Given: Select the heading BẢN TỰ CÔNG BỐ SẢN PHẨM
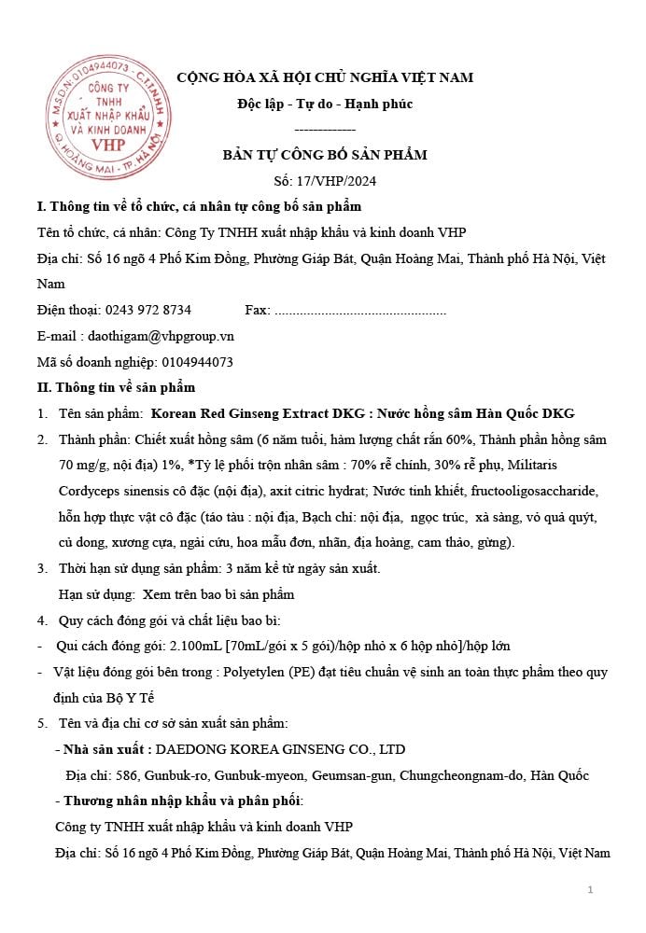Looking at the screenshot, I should click(x=324, y=155).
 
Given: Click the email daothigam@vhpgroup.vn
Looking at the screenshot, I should click(x=161, y=336).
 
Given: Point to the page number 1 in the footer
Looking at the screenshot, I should click(x=590, y=890).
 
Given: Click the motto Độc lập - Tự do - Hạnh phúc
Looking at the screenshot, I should click(x=324, y=104).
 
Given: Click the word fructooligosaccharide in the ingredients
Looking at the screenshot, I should click(x=546, y=491).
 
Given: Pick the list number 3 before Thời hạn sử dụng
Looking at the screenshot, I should click(x=42, y=568).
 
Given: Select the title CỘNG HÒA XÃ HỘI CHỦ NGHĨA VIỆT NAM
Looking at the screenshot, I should click(x=325, y=77).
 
